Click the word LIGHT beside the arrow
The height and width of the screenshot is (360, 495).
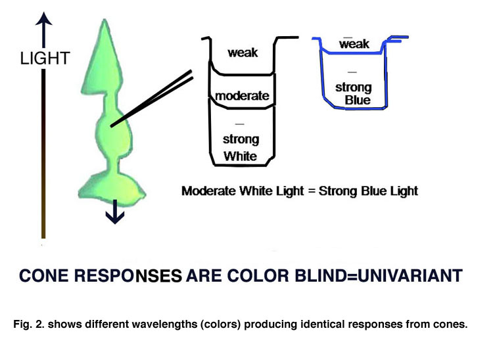[44, 58]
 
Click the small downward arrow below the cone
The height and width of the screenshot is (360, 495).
[115, 214]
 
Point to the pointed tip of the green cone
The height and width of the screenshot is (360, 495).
[105, 24]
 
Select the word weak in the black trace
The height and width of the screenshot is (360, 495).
[243, 53]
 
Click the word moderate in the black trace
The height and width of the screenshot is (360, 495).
[242, 96]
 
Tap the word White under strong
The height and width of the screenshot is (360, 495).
[241, 156]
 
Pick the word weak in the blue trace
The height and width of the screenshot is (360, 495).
[354, 45]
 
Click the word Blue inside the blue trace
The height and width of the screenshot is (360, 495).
[358, 100]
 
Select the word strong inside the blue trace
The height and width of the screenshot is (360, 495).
[354, 87]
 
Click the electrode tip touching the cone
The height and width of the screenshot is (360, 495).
[112, 124]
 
